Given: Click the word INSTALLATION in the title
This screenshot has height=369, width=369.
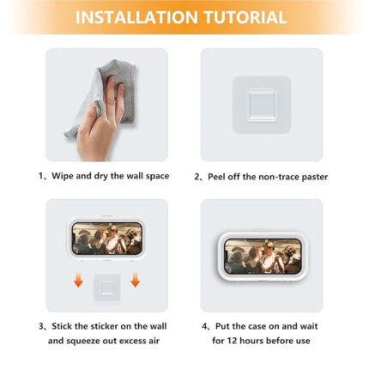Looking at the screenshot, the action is tap(136, 17).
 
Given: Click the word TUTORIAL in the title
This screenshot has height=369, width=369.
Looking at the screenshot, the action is tap(245, 17).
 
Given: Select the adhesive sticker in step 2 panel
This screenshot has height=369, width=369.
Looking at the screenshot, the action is tap(262, 105).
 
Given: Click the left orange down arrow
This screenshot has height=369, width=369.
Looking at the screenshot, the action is tap(78, 280).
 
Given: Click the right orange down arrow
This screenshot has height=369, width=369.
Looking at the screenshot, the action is tap(135, 280).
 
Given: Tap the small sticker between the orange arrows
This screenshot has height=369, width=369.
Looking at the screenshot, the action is tap(107, 287).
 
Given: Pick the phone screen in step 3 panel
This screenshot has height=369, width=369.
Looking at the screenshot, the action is tap(107, 239).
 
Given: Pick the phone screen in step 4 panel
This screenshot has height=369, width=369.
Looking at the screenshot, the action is tap(263, 257).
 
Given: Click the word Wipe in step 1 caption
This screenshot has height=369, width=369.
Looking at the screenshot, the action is tap(63, 176).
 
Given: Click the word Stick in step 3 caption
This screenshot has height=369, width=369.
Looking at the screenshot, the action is tap(62, 326).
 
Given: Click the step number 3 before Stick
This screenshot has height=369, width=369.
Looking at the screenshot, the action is tap(41, 326).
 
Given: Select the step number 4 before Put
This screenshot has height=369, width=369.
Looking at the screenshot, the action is tap(204, 326).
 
